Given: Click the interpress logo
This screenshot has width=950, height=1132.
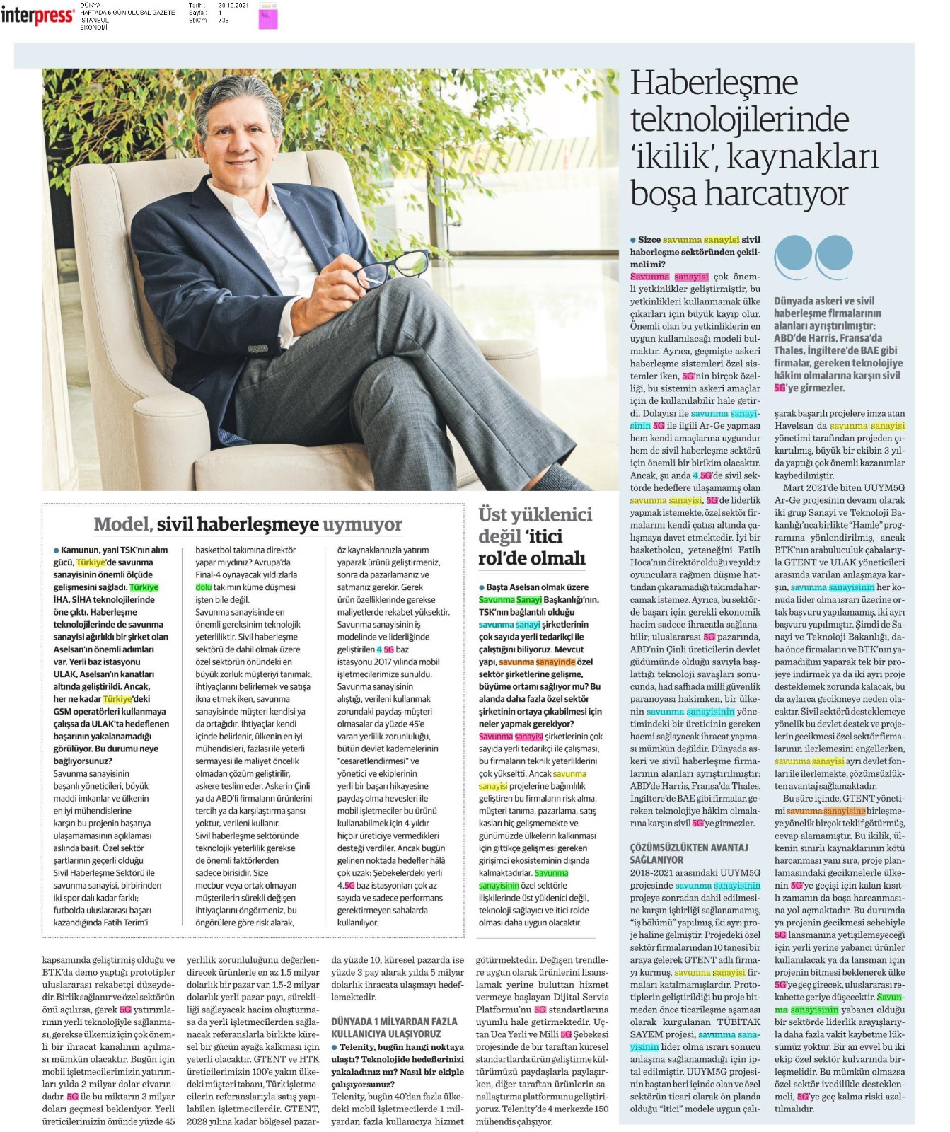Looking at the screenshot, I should [37, 16].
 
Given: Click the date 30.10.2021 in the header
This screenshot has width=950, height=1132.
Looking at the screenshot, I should [233, 6].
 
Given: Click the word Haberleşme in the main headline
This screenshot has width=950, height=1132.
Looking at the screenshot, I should [714, 83].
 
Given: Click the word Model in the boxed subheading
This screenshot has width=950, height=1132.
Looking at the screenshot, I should [122, 524].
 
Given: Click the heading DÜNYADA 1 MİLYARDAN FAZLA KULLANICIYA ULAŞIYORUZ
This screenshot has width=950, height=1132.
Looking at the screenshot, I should [394, 1027].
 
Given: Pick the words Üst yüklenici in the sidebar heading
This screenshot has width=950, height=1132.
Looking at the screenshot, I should [535, 514].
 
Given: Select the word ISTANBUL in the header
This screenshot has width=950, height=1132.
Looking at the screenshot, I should [95, 20].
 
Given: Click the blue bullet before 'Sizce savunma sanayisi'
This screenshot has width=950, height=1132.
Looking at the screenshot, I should [633, 240].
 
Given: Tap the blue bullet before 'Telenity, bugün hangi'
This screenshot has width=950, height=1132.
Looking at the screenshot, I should [335, 1047].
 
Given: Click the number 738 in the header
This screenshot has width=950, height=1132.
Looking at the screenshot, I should [224, 20].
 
